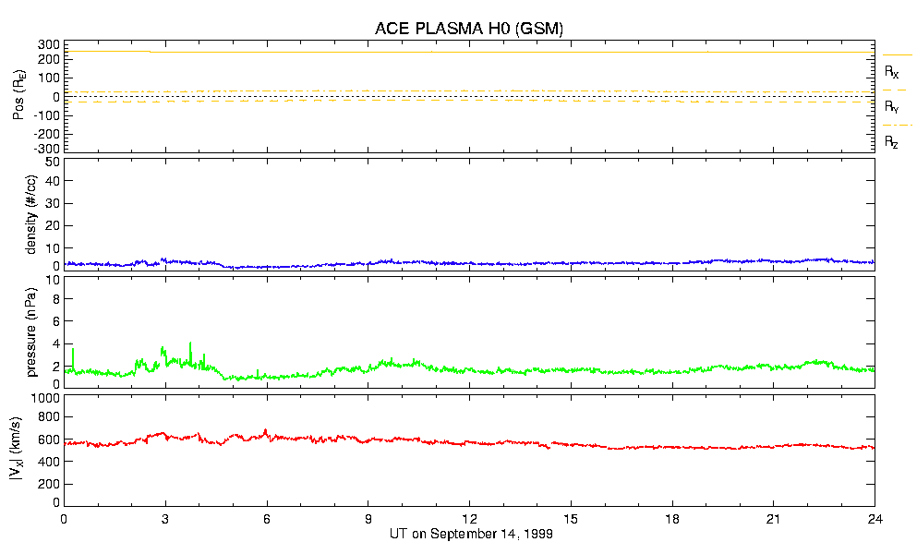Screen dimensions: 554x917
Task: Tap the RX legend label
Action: (x=891, y=71)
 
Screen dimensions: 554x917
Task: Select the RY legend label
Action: (x=891, y=107)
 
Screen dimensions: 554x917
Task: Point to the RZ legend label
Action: (x=891, y=142)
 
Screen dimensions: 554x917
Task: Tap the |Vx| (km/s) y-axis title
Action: (x=18, y=450)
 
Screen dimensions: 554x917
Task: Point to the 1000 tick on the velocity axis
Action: (x=43, y=399)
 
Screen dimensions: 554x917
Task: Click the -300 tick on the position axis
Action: (x=47, y=148)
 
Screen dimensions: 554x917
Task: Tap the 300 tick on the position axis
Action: (x=49, y=44)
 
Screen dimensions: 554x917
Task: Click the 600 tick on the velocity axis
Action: (x=48, y=440)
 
